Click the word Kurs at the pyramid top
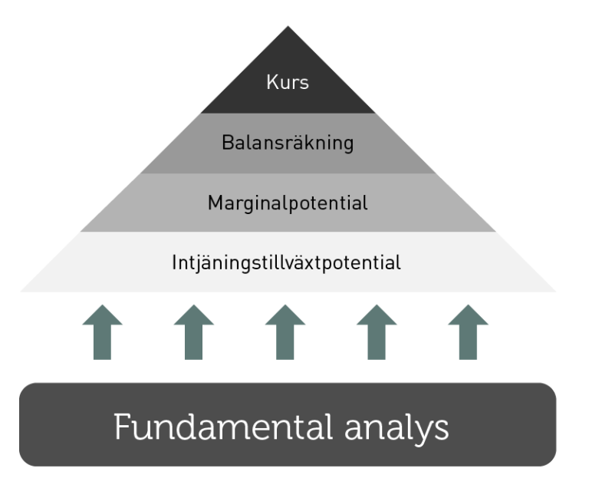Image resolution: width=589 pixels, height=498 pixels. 288,82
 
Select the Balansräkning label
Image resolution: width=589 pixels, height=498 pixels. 288,143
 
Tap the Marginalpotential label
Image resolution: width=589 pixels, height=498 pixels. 288,203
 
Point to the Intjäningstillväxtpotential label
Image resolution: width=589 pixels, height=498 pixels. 287,263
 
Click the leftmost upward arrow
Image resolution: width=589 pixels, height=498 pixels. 101,331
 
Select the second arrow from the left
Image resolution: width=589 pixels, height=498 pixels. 193,331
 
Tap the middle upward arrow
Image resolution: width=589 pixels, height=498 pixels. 285,331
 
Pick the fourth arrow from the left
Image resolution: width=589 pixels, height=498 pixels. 377,331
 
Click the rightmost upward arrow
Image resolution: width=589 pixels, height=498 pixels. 469,331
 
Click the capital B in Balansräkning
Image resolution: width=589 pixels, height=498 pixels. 227,143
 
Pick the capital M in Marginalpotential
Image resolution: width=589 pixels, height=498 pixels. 215,203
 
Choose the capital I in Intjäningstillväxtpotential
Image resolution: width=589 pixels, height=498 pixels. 175,263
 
